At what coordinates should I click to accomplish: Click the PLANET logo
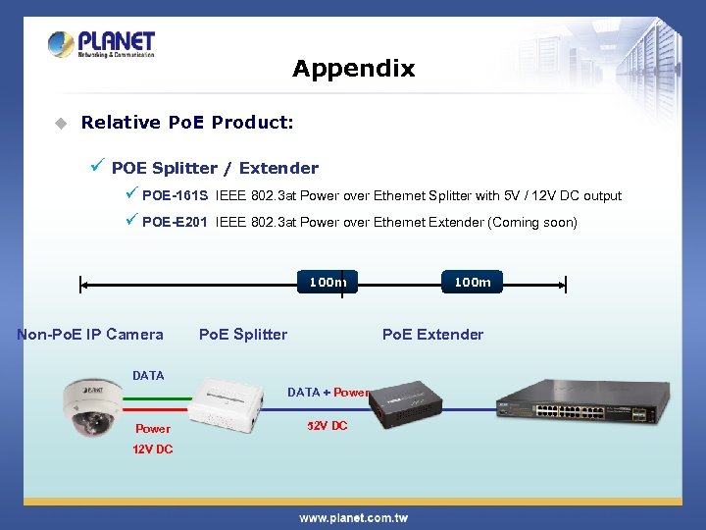pyautogui.click(x=101, y=44)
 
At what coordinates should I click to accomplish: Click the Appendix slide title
pyautogui.click(x=353, y=69)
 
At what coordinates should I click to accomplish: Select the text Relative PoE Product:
pyautogui.click(x=186, y=123)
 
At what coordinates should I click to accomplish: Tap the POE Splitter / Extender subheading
pyautogui.click(x=215, y=168)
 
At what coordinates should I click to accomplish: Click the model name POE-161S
pyautogui.click(x=175, y=196)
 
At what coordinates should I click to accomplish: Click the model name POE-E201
pyautogui.click(x=175, y=223)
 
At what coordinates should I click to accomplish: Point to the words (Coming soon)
pyautogui.click(x=532, y=223)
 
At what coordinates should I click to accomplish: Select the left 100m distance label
pyautogui.click(x=328, y=283)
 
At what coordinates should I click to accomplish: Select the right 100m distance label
pyautogui.click(x=472, y=283)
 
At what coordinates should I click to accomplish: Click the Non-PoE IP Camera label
pyautogui.click(x=90, y=335)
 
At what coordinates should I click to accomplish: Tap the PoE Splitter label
pyautogui.click(x=243, y=335)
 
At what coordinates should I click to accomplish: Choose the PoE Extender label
pyautogui.click(x=432, y=335)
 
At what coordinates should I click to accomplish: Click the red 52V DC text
pyautogui.click(x=327, y=426)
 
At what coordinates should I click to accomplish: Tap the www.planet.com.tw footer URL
pyautogui.click(x=353, y=517)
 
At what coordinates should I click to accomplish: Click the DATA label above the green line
pyautogui.click(x=148, y=376)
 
